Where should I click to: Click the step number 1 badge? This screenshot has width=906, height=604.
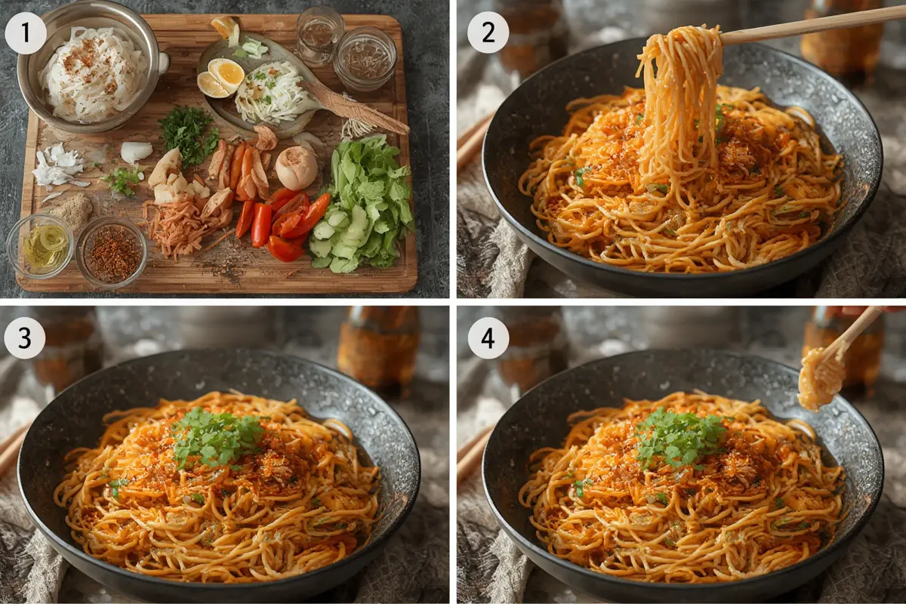(x=26, y=33)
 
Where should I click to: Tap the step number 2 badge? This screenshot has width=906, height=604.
(x=488, y=32)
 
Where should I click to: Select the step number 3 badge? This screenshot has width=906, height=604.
(x=25, y=337)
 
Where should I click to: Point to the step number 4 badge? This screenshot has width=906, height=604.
(x=488, y=337)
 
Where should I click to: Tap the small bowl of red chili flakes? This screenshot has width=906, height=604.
(x=112, y=251)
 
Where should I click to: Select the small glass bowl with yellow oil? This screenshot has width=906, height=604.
(x=39, y=246)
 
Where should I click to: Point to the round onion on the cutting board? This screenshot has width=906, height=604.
(x=296, y=168)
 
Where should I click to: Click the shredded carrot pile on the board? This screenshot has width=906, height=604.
(x=180, y=230)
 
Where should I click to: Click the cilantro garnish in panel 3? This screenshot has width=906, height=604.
(x=217, y=436)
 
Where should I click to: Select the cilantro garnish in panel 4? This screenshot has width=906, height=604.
(x=679, y=437)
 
